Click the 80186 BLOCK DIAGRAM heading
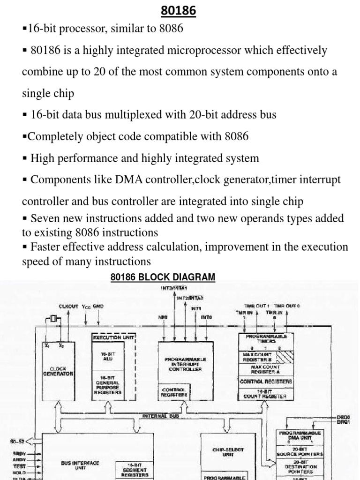tap(163, 277)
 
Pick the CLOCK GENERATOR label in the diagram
tap(58, 371)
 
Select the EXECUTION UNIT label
tap(114, 337)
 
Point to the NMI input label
tap(163, 317)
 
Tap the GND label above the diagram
tap(98, 306)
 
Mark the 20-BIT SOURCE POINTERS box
tap(300, 451)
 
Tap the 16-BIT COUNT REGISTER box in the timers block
tap(265, 394)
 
